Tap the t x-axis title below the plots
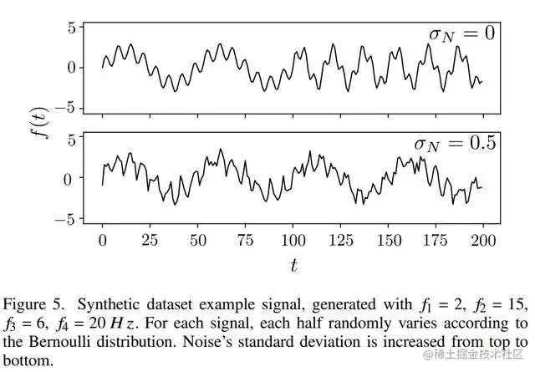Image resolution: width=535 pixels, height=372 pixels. tap(293, 266)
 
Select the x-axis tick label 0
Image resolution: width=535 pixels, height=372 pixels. tap(102, 240)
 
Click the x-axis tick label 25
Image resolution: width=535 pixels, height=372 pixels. tap(150, 240)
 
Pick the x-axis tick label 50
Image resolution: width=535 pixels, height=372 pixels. tap(198, 240)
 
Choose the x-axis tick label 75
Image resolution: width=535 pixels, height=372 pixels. tap(246, 240)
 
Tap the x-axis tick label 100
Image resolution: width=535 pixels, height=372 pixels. tap(293, 240)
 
